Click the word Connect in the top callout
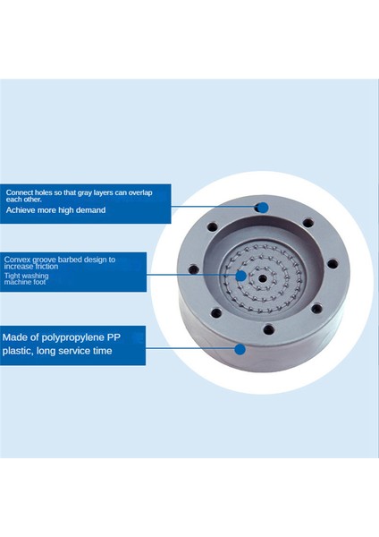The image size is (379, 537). point(20,192)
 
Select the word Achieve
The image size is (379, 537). point(21,210)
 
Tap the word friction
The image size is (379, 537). point(46,266)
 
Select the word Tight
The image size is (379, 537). point(13,276)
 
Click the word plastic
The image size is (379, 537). point(18,351)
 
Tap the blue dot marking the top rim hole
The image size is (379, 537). point(263,208)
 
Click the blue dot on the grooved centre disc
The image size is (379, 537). point(241,276)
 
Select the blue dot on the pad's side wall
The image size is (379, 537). point(240,349)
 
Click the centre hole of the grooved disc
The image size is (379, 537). point(262,278)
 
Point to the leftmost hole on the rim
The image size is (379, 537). point(194,269)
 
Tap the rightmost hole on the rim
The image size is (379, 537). point(333,264)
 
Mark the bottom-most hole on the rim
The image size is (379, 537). point(269,330)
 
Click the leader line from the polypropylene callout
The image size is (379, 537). point(190,349)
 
